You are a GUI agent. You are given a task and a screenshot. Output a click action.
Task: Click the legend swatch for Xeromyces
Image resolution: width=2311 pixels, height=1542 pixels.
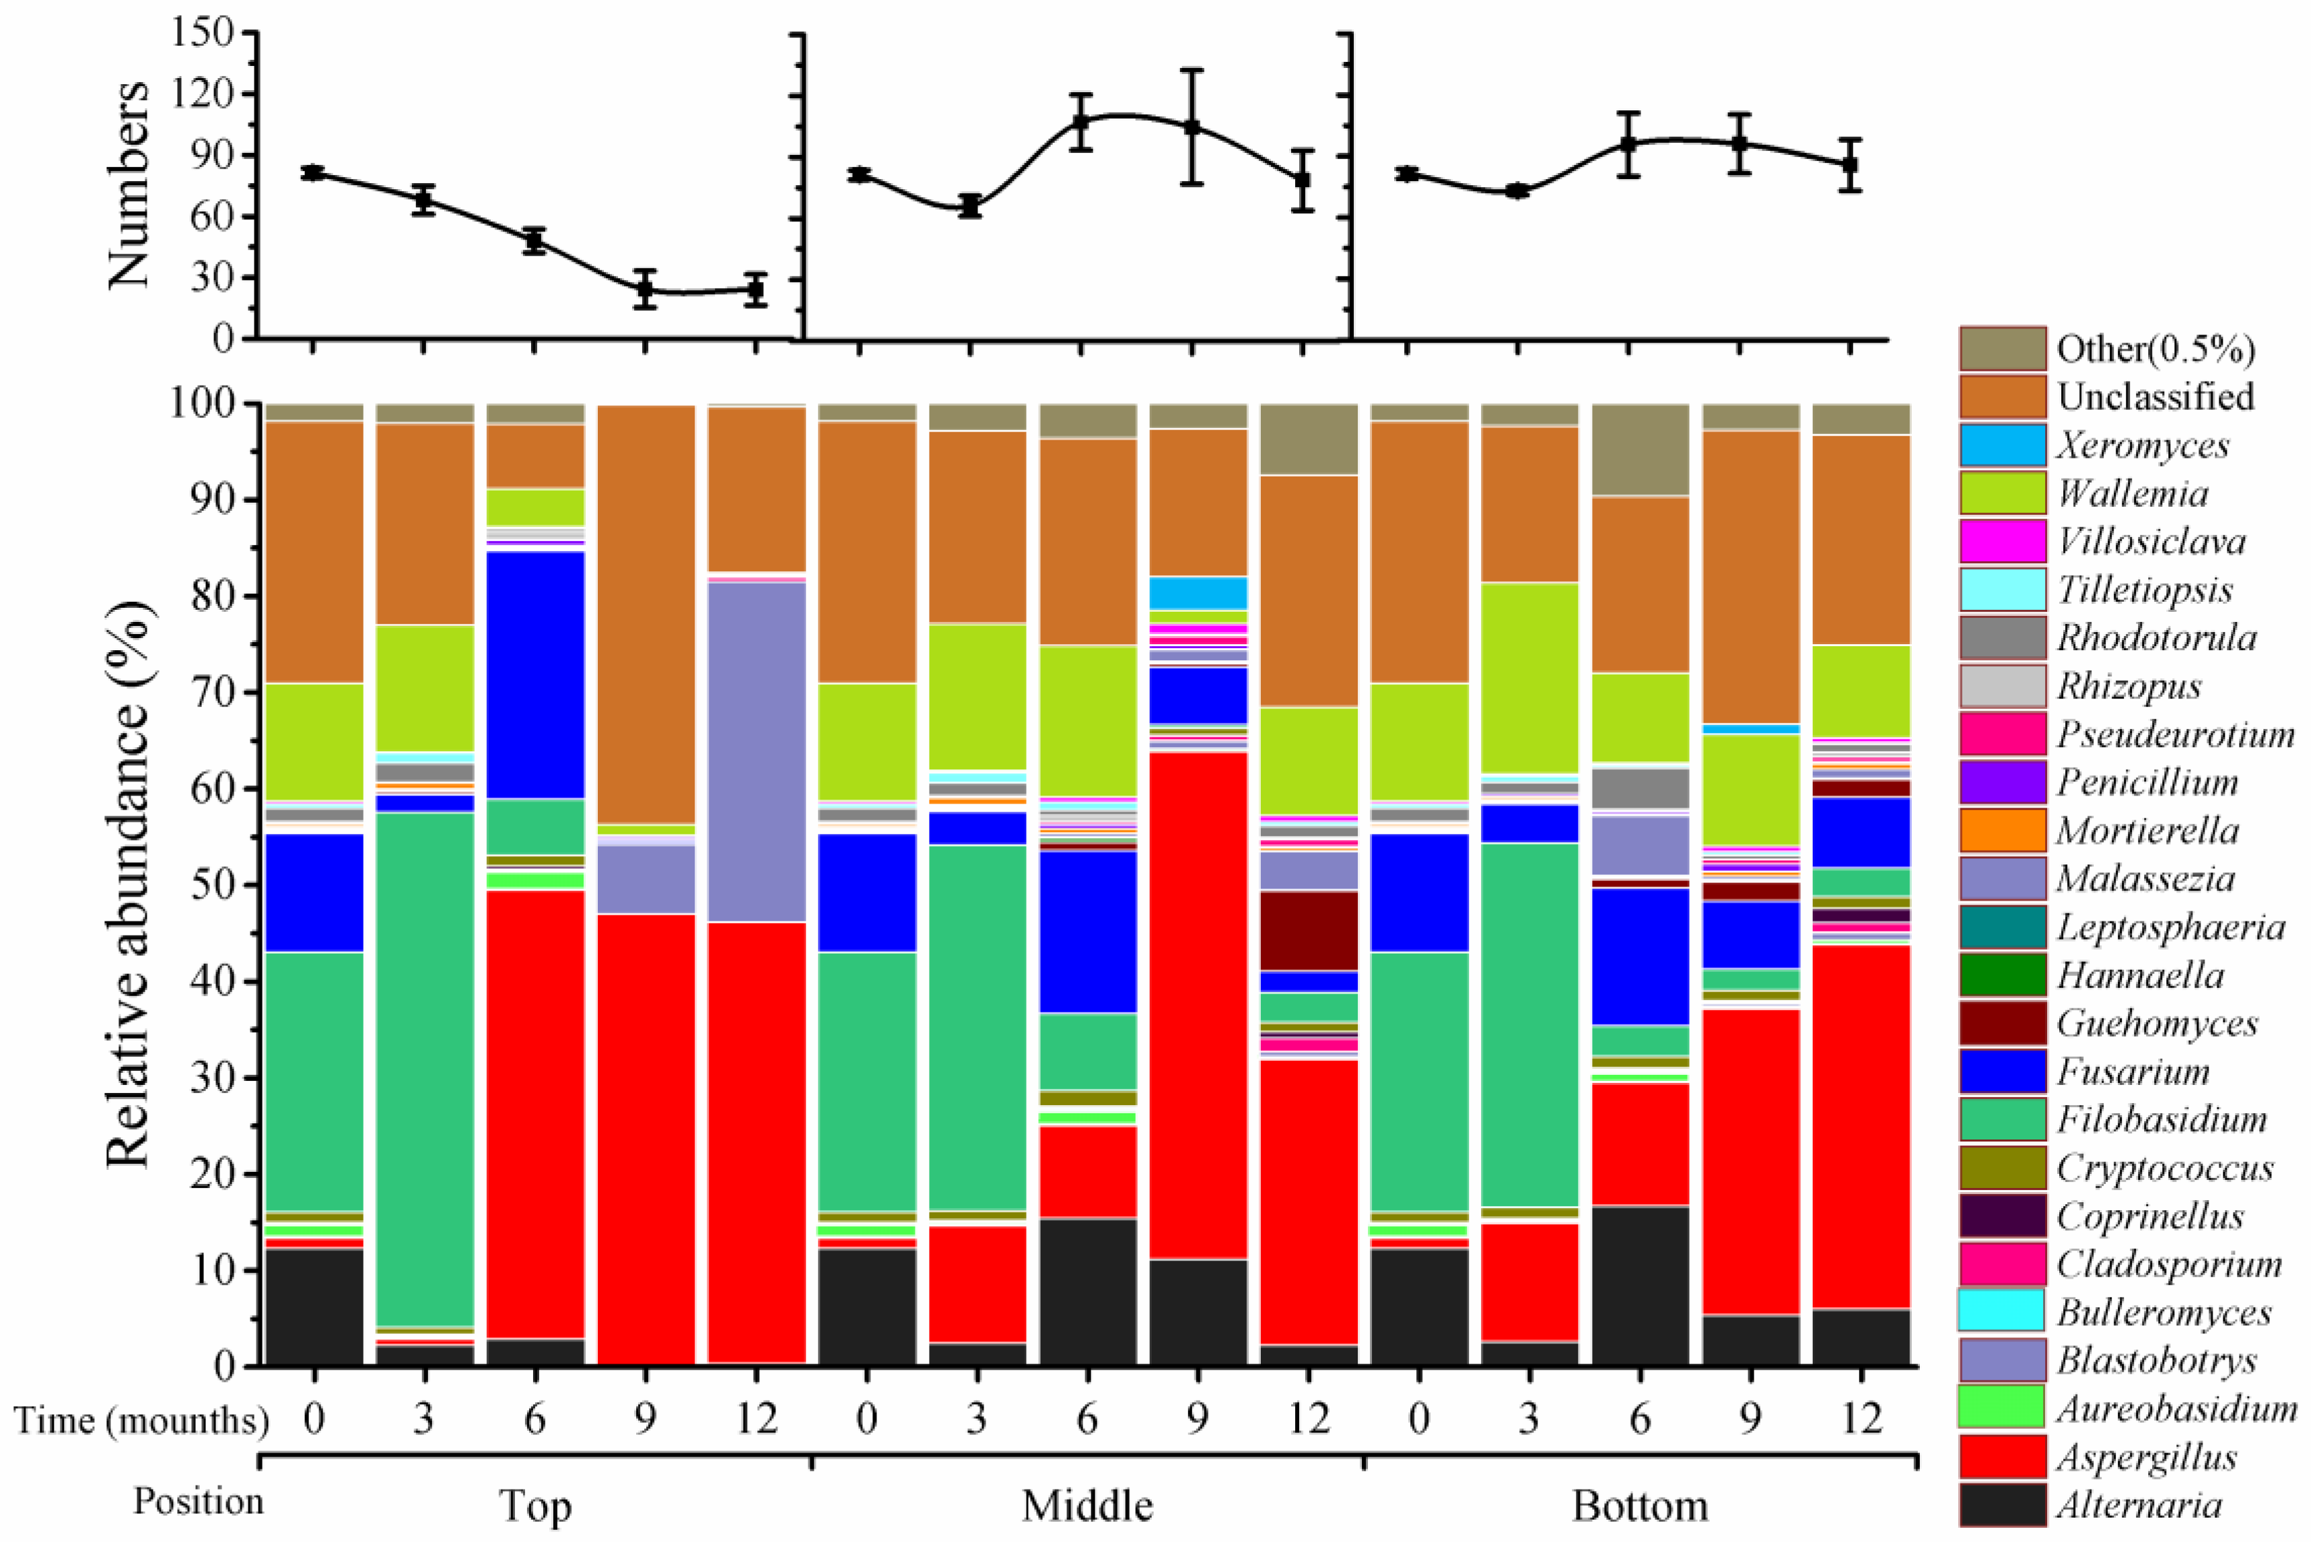click(x=2001, y=444)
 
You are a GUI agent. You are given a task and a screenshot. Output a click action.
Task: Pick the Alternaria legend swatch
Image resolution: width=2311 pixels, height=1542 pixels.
click(x=2001, y=1504)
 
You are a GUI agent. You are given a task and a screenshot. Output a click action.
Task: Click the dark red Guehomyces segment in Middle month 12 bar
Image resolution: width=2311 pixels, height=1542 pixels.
click(x=1309, y=930)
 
